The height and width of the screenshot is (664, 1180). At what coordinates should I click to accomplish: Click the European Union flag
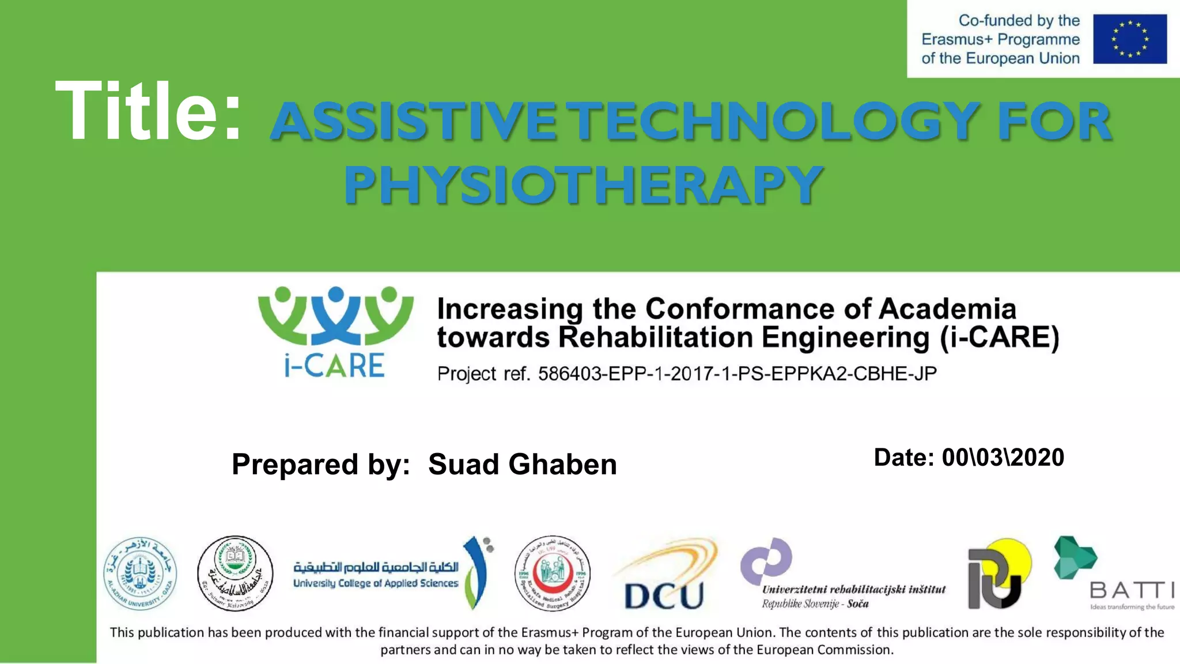1129,39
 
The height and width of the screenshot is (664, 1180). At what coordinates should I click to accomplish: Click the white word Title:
148,111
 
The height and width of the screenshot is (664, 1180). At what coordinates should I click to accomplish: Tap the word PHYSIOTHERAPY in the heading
583,184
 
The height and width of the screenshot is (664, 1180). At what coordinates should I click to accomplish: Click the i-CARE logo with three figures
335,331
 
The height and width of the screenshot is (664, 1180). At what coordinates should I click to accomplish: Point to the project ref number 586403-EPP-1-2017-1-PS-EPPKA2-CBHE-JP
737,373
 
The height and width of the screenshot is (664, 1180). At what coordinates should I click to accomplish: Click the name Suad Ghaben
522,465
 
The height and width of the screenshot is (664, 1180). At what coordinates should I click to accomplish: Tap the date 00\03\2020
1003,458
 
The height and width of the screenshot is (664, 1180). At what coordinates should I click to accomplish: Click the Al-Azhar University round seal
140,574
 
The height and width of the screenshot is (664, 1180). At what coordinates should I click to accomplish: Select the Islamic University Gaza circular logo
235,574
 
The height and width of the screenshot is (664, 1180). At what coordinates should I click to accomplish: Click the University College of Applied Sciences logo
392,574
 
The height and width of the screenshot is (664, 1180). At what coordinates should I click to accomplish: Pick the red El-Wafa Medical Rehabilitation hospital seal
552,574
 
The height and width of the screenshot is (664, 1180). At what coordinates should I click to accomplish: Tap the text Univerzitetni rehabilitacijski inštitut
853,589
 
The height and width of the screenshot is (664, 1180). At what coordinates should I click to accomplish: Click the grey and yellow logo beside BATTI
998,574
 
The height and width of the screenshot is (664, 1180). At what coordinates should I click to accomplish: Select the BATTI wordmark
1131,590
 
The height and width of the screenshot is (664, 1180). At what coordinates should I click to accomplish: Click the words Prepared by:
321,465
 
